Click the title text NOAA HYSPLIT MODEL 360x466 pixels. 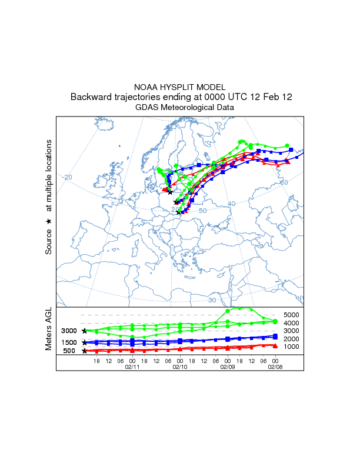(180, 87)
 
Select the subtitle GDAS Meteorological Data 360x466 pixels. (180, 108)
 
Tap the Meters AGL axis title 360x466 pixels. (49, 331)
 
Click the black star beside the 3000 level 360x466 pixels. (85, 331)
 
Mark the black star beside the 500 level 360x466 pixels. (85, 351)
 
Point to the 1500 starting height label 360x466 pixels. (69, 342)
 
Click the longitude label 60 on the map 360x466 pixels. (284, 183)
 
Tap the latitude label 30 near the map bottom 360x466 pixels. (212, 300)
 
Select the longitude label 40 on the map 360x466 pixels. (231, 204)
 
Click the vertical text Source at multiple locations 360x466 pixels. (49, 197)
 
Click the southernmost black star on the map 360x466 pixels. (178, 212)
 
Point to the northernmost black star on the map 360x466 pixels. (170, 192)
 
